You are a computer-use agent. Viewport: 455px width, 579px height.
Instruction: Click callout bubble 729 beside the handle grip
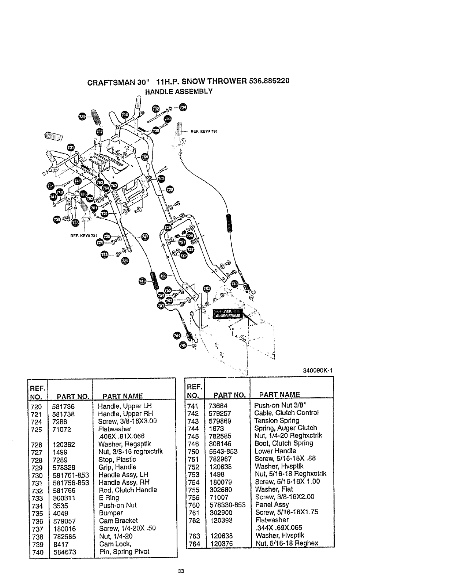point(83,116)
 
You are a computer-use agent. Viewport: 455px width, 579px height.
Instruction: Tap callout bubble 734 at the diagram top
point(182,107)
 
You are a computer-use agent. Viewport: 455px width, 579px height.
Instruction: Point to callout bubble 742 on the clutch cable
point(145,237)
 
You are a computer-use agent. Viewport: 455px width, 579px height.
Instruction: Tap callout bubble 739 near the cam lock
point(57,219)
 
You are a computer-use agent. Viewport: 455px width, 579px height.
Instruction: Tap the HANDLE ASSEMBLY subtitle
point(179,91)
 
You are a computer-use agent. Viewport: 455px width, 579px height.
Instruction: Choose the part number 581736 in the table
point(64,406)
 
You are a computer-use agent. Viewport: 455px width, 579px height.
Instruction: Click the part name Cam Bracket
point(118,521)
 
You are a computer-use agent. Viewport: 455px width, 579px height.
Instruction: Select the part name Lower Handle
point(275,451)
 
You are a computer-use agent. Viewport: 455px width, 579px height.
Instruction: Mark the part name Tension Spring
point(277,420)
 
